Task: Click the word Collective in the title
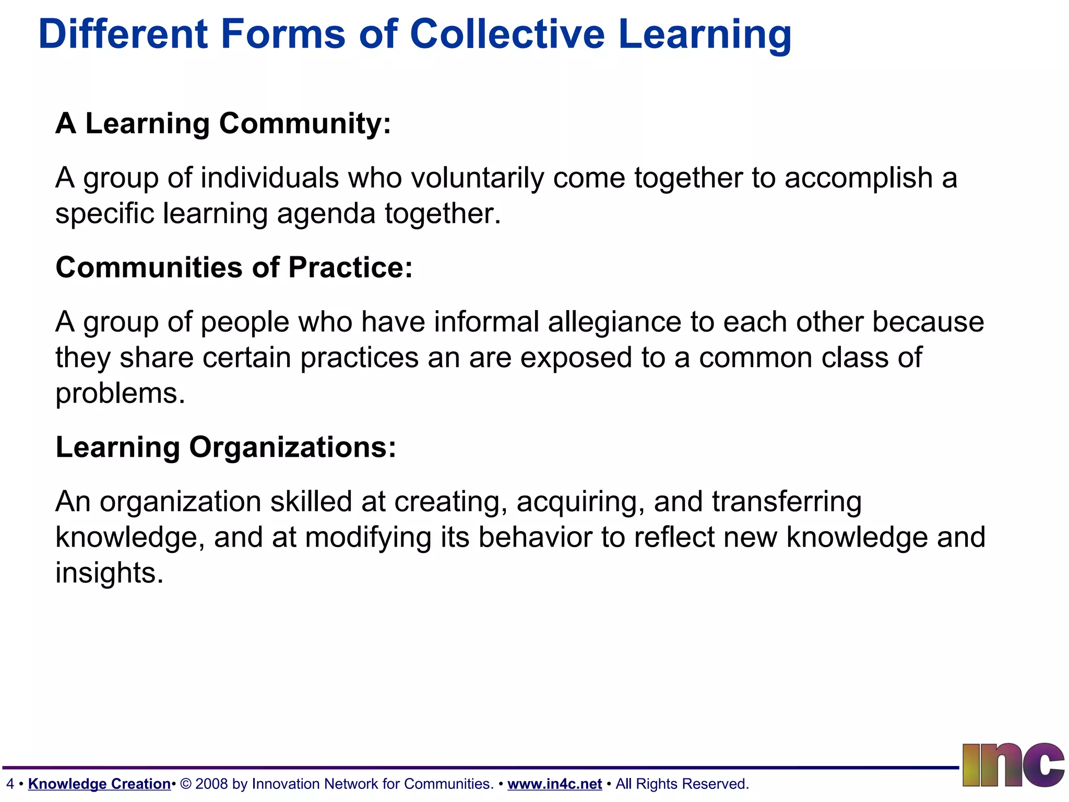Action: (x=507, y=34)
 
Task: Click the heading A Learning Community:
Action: (x=223, y=124)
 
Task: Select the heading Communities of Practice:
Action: (x=234, y=268)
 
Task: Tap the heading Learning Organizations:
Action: (x=226, y=447)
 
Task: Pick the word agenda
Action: (x=326, y=214)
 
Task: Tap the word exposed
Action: (x=576, y=358)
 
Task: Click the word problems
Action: (x=120, y=393)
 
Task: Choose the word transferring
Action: (x=787, y=502)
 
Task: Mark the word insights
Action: (x=109, y=573)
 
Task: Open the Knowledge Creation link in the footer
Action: (x=99, y=784)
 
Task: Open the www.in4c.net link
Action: (x=554, y=784)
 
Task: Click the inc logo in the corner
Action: (x=1013, y=765)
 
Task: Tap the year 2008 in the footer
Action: (x=211, y=784)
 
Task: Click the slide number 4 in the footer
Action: (x=10, y=784)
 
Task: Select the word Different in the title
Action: (x=123, y=34)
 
